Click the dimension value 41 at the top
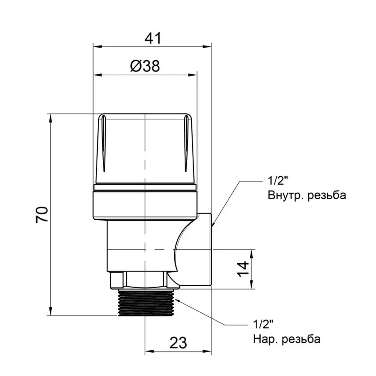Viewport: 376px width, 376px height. point(152,38)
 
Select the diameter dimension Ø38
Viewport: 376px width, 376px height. point(145,66)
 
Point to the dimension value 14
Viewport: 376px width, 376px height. point(244,269)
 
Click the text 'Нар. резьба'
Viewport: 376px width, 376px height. point(287,339)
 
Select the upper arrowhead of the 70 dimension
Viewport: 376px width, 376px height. point(52,117)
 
